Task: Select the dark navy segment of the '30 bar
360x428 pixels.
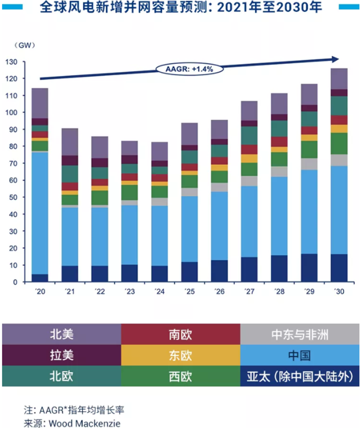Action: click(339, 268)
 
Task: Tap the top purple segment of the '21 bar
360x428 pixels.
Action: click(70, 142)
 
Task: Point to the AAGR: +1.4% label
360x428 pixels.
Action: click(189, 69)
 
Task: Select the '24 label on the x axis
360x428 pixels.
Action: click(159, 292)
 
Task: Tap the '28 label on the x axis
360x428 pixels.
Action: click(279, 292)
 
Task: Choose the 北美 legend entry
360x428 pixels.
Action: click(62, 334)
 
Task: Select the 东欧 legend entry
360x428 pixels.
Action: click(180, 355)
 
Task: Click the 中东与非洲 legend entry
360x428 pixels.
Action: click(300, 334)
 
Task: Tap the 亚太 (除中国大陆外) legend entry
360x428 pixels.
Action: click(300, 376)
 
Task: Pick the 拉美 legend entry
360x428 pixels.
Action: click(62, 355)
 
